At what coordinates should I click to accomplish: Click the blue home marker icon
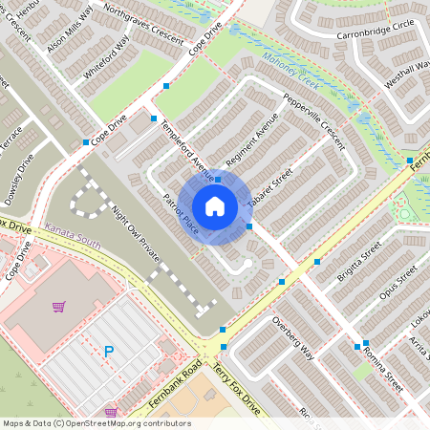215,205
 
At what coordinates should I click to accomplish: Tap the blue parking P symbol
108,353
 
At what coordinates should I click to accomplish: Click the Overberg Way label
292,337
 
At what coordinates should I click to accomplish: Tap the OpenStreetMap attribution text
97,422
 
